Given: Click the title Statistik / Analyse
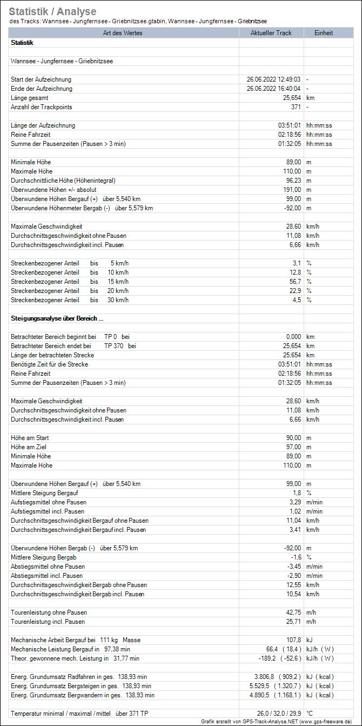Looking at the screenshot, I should (53, 11).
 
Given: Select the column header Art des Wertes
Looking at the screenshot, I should (124, 33).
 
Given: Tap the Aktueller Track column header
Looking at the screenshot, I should (271, 33).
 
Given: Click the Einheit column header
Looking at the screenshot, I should (324, 33).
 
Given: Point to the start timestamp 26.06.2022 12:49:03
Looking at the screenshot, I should (273, 79).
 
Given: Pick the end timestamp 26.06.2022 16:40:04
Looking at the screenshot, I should (273, 89).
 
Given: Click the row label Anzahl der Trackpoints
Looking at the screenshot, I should (42, 107).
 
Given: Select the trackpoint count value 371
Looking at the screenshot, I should (296, 107).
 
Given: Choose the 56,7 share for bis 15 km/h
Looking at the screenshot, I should (296, 282).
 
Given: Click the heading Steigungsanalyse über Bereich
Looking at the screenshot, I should (57, 318).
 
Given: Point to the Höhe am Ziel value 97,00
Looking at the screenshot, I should (293, 447).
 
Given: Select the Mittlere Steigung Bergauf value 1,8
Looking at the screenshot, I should (297, 493).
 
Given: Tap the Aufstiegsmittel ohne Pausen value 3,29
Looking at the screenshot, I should (294, 502).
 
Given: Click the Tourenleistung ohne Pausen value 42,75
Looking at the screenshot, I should (293, 612).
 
